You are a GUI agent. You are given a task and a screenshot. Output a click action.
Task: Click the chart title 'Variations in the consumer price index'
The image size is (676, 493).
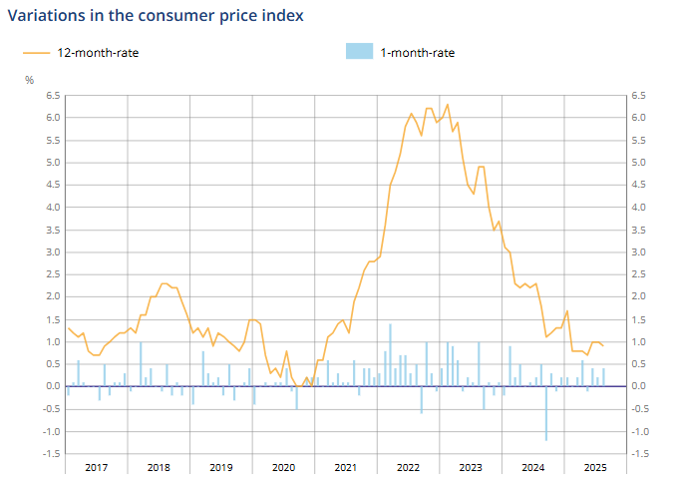coord(156,16)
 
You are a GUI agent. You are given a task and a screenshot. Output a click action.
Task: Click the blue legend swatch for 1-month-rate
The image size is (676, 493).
coord(359,52)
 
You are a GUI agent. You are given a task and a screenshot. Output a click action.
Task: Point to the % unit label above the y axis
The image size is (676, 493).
coord(30,80)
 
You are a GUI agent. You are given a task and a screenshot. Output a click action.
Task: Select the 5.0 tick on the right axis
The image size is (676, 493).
coord(637,163)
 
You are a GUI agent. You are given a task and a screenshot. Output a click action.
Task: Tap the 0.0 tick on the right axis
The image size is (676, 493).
coord(637,387)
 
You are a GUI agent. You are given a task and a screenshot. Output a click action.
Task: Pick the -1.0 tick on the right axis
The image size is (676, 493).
coord(639,432)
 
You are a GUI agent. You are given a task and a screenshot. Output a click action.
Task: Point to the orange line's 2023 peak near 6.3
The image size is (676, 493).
coord(448,105)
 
